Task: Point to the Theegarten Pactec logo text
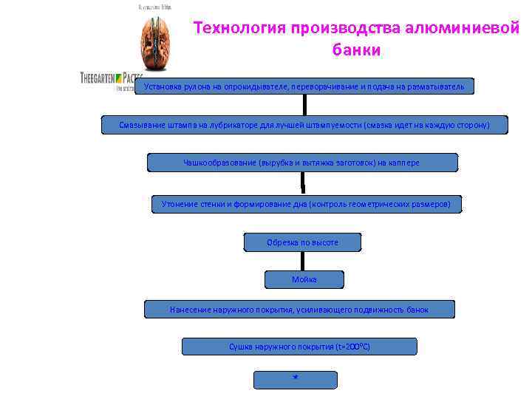coord(111,78)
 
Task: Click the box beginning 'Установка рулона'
coord(304,86)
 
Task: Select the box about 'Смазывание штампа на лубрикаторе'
coord(304,125)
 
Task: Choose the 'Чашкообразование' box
coord(302,163)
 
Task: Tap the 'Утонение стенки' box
coord(306,204)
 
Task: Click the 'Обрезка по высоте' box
coord(302,242)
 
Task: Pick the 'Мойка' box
coord(304,279)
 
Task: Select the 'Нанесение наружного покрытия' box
coord(299,309)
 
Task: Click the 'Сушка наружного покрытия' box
coord(299,347)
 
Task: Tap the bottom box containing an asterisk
coord(295,380)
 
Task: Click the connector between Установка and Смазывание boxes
coord(304,106)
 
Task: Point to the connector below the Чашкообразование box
coord(302,182)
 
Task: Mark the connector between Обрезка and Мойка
coord(302,261)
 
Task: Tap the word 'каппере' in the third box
coord(403,163)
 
